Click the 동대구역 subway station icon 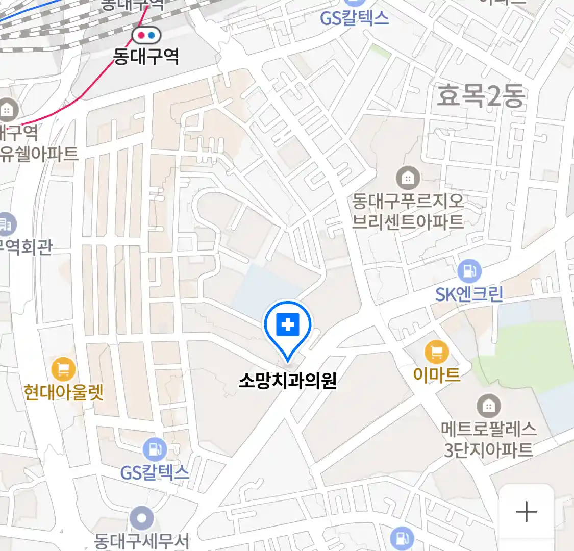click(x=146, y=35)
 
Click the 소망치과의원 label click(x=288, y=381)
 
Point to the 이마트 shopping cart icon click(x=437, y=352)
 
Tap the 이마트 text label click(x=437, y=375)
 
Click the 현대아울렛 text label click(x=64, y=392)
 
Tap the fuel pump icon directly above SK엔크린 click(x=469, y=271)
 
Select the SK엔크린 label click(x=469, y=294)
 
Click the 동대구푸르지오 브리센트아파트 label click(x=408, y=211)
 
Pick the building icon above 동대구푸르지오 click(x=408, y=178)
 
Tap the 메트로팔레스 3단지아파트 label click(x=489, y=439)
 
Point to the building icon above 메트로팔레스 click(x=488, y=406)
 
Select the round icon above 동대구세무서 click(x=141, y=519)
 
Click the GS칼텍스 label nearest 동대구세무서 click(x=155, y=472)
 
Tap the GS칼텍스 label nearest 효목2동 click(x=354, y=18)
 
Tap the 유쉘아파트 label click(x=40, y=154)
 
